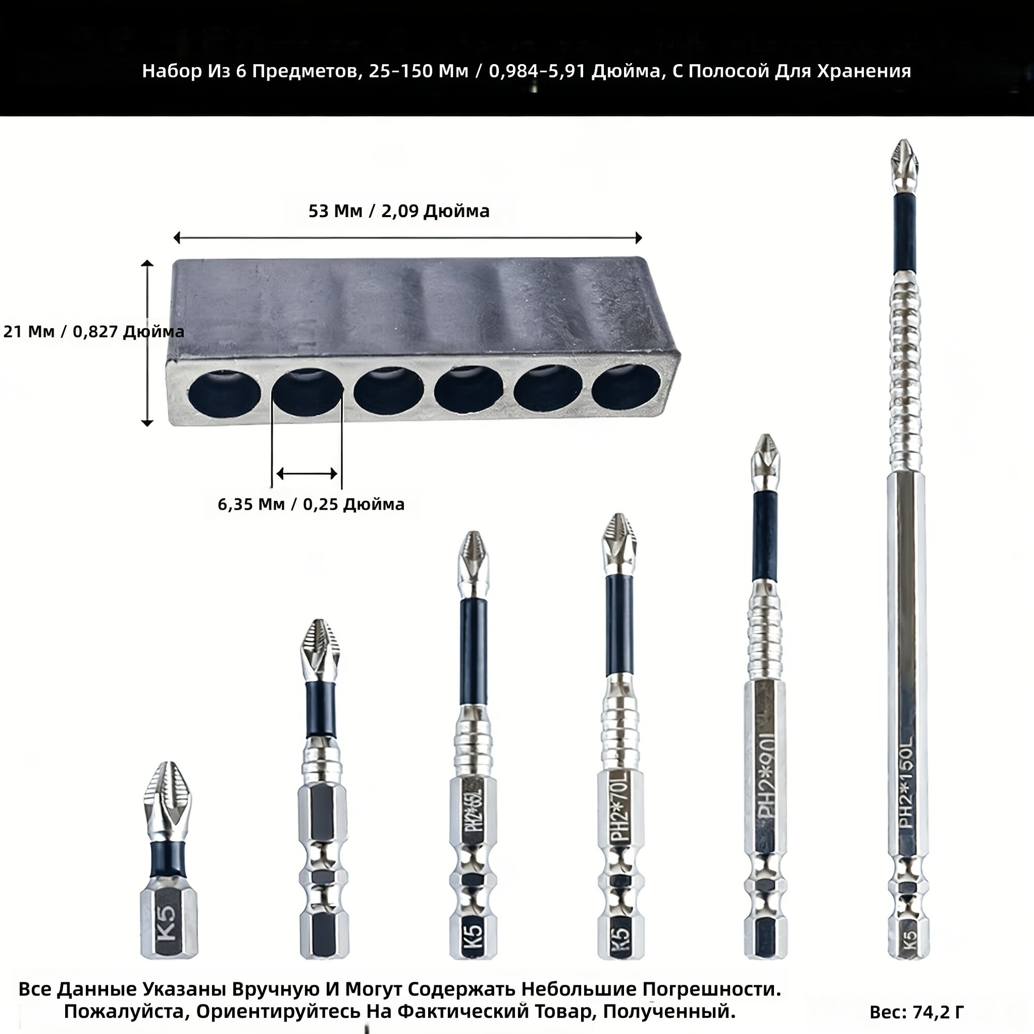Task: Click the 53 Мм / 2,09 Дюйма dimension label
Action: pos(399,211)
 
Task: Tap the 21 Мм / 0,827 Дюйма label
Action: pos(94,332)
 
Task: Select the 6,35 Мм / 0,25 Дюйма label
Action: pos(311,504)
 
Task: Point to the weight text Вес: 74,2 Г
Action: pos(917,1012)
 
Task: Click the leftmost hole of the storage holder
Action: pos(224,393)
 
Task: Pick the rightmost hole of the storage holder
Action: pos(626,389)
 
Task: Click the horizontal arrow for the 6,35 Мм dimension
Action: pos(307,474)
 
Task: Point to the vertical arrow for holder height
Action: pos(147,343)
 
